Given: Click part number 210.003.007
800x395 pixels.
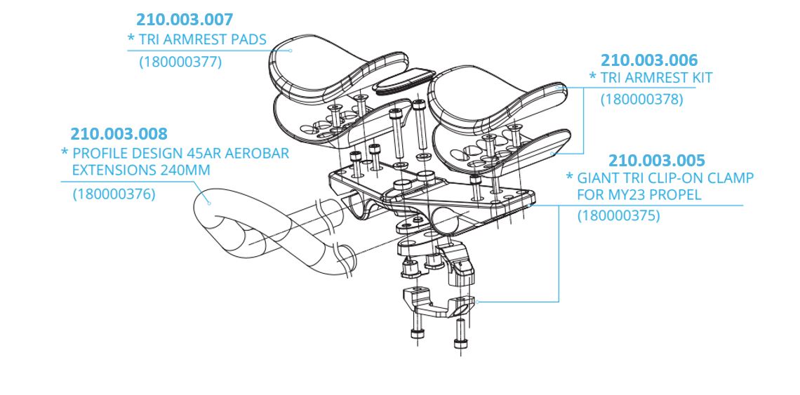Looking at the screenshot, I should (185, 20).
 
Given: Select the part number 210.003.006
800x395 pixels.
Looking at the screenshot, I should (649, 60).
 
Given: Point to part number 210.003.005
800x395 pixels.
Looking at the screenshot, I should (656, 161).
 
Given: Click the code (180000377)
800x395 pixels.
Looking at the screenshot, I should (180, 62).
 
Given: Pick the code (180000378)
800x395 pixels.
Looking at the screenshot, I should (641, 100).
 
